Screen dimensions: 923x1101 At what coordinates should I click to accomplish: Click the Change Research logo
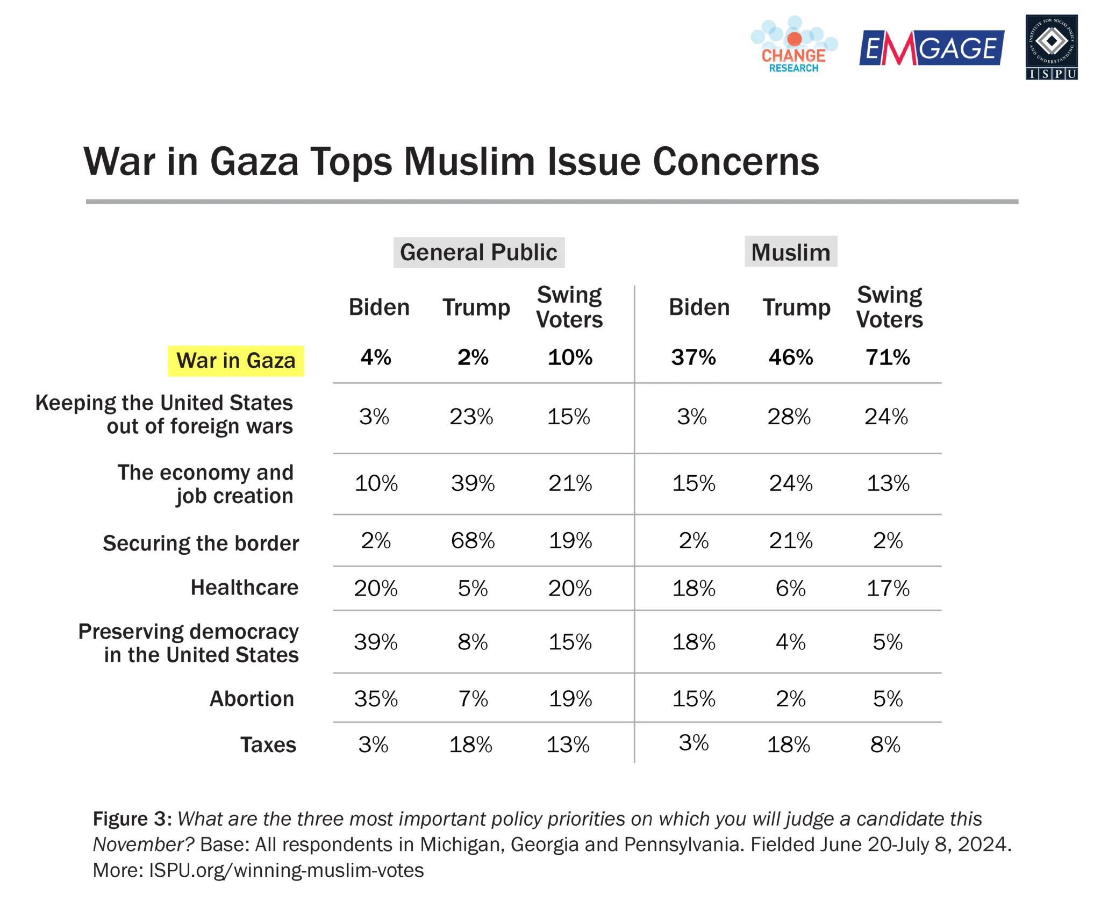793,45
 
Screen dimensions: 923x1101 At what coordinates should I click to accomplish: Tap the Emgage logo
931,48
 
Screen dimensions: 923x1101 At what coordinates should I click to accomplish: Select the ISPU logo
1051,47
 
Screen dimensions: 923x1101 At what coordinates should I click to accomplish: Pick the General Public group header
478,253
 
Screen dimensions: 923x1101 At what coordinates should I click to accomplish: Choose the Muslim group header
790,252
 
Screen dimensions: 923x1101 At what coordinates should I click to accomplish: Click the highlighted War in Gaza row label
235,361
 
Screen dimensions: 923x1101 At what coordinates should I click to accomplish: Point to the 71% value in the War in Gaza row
888,357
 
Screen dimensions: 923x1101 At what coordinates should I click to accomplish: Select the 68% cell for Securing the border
473,540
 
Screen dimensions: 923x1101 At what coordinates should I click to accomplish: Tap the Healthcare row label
244,588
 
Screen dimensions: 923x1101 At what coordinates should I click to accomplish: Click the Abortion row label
252,699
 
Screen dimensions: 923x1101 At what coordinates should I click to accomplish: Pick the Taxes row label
268,745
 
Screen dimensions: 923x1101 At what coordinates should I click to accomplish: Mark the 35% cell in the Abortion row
375,699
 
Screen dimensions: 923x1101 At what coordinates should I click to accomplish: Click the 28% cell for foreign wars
789,417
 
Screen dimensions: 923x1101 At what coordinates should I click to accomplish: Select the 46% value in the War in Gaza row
790,357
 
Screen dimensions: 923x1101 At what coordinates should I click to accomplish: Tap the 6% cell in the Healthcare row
790,589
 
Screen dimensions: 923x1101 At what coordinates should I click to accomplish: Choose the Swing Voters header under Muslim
889,307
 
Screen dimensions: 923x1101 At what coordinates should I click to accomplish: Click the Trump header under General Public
476,307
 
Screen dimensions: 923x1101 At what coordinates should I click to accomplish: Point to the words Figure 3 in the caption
132,819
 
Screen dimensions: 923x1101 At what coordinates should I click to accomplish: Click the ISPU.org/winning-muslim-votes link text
286,870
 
